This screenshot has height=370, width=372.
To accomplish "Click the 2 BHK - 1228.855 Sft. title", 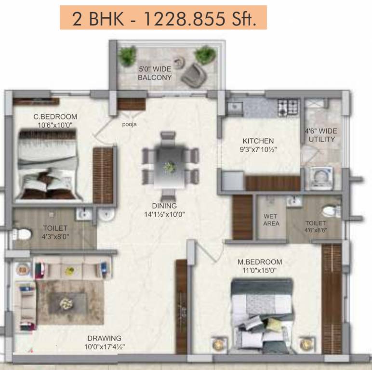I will (163, 19).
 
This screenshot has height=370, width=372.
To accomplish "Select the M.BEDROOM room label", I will (260, 262).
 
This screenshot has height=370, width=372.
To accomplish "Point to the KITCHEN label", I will (258, 141).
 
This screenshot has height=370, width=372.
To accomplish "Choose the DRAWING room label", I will (104, 338).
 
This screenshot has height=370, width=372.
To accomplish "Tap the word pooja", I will (129, 124).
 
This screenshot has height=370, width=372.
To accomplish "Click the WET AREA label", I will (271, 220).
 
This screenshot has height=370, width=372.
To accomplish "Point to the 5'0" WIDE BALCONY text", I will (155, 73).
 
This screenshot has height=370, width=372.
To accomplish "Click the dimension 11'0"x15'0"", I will (260, 270).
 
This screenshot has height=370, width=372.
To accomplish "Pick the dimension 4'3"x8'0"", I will (55, 237).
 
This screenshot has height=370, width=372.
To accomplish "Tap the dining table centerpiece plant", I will (169, 167).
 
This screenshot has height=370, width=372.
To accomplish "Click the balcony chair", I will (195, 73).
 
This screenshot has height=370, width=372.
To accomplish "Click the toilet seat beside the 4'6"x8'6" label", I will (329, 211).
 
